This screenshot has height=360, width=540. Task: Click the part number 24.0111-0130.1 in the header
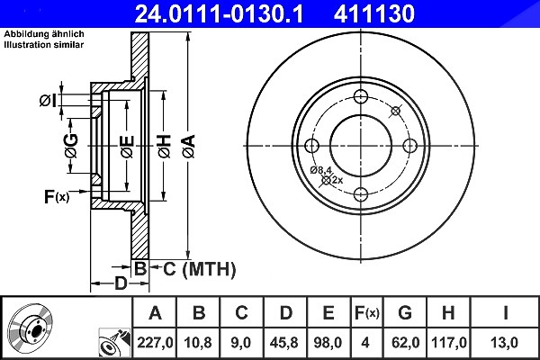pyautogui.click(x=219, y=13)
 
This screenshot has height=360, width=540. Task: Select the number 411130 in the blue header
pyautogui.click(x=374, y=13)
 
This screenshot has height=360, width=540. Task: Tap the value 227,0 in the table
pyautogui.click(x=155, y=343)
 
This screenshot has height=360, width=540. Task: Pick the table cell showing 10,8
pyautogui.click(x=198, y=343)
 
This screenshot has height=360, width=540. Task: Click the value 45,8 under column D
pyautogui.click(x=284, y=343)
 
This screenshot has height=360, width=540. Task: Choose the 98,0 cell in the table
pyautogui.click(x=328, y=343)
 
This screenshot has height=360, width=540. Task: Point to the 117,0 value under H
pyautogui.click(x=449, y=343)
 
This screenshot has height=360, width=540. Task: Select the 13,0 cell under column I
pyautogui.click(x=505, y=343)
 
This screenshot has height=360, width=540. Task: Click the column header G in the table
pyautogui.click(x=405, y=313)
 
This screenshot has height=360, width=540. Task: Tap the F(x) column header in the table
pyautogui.click(x=367, y=313)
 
